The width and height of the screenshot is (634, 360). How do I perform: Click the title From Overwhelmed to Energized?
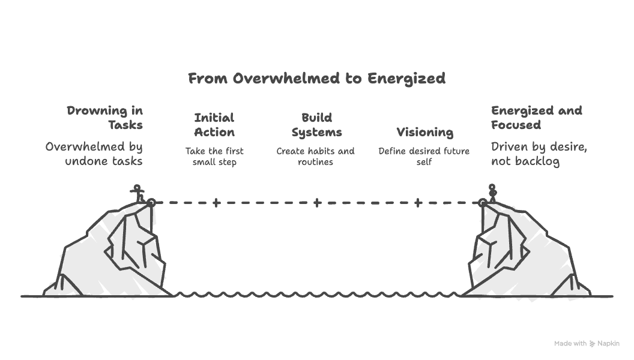(316, 79)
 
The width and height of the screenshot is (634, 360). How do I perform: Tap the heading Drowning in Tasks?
(104, 118)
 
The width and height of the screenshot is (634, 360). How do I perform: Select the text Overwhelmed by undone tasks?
(94, 154)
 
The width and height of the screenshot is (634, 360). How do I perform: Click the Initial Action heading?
(214, 125)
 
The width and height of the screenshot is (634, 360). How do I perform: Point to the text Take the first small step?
(214, 157)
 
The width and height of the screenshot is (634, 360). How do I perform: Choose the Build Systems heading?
(316, 125)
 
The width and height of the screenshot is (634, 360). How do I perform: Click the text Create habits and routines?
(315, 157)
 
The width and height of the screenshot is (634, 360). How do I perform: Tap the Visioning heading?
(424, 132)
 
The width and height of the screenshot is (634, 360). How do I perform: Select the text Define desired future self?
(424, 157)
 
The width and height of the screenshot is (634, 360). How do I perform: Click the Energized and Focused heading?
(537, 118)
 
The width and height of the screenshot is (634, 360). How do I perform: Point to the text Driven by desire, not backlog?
(539, 154)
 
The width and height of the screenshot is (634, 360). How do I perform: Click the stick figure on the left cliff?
(137, 194)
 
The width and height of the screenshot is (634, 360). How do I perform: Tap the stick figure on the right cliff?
(492, 193)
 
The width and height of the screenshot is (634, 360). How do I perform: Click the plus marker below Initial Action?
(216, 202)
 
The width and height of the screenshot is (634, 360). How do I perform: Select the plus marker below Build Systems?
(318, 202)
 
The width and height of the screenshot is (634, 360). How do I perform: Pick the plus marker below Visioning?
(418, 202)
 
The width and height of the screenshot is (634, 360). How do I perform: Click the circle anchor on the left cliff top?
(151, 203)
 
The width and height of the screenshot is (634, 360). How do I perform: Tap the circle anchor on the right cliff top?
(482, 203)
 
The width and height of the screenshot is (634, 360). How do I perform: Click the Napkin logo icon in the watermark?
(593, 343)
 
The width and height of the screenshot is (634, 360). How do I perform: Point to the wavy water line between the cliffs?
(318, 295)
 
